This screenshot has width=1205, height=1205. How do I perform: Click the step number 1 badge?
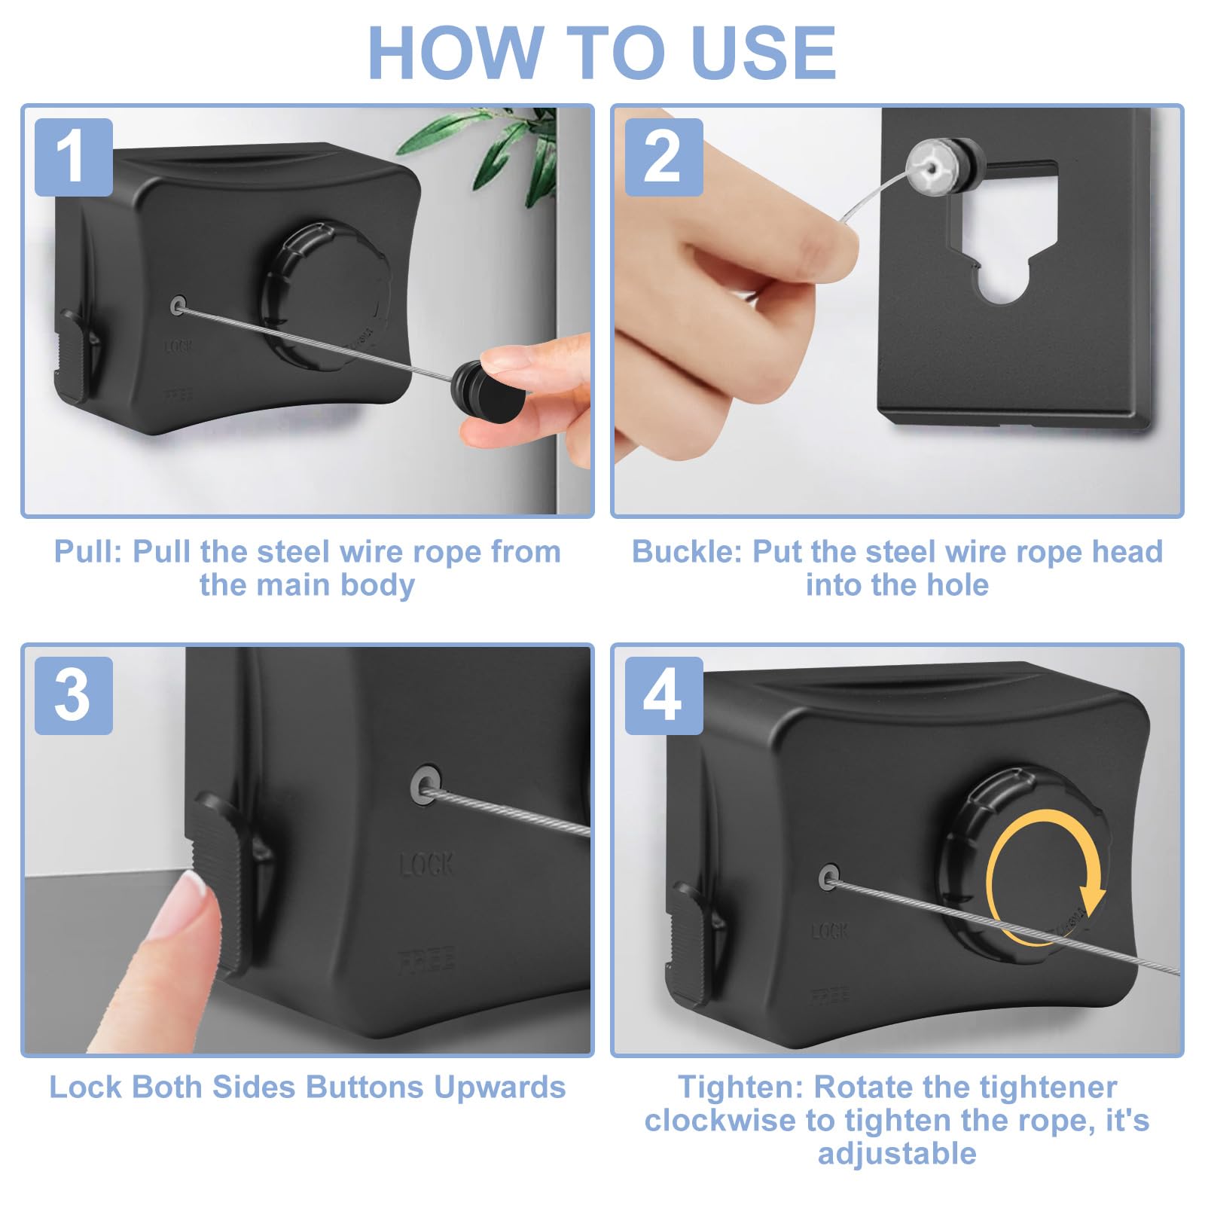pos(74,157)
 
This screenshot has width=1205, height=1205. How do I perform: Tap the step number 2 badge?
pos(664,157)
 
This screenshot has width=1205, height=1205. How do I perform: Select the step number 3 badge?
pos(74,695)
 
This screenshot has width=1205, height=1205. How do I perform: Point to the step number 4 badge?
pos(664,695)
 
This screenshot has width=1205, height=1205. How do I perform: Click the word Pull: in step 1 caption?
pos(87,551)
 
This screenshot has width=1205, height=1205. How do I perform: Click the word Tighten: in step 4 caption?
pos(741,1087)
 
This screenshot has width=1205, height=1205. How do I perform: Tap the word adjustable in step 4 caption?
pos(897,1153)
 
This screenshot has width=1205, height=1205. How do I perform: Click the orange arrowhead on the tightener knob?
pos(1093,898)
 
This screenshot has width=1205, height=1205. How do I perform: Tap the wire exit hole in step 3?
pos(426,786)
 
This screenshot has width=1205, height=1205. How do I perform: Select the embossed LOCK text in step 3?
pos(426,863)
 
